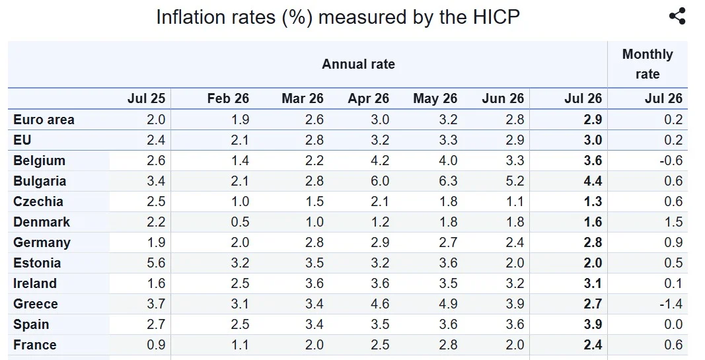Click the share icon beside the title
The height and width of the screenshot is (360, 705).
point(677,17)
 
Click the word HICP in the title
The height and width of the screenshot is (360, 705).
point(496,17)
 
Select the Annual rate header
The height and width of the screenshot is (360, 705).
point(358,64)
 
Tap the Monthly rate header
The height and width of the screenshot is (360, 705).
point(648,64)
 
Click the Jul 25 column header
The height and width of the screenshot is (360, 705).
point(146,98)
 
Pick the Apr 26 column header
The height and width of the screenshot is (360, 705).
point(368,98)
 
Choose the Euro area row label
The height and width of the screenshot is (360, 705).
point(44,120)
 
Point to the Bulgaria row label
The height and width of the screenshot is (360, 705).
point(40,181)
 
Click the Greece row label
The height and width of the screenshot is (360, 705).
point(36,304)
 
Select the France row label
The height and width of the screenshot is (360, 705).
point(35,345)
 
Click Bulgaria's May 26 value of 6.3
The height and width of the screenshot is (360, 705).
point(448,181)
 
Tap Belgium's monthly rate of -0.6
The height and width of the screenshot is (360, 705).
point(671,161)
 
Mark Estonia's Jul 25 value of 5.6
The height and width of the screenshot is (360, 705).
point(156,263)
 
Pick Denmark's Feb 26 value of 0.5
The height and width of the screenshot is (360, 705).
point(239,222)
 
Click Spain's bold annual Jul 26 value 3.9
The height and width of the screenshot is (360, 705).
point(593,324)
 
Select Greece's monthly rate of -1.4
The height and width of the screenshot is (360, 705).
point(671,304)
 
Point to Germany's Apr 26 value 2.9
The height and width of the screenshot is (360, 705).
point(379,242)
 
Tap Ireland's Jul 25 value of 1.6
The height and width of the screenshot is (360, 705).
point(156,283)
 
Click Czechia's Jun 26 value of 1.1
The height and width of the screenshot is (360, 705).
point(514,201)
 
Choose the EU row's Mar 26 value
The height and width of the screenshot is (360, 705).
point(314,140)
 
